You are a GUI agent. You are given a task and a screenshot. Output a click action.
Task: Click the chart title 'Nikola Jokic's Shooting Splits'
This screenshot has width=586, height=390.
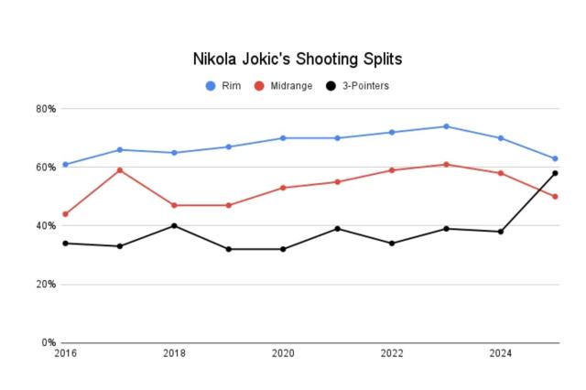click(x=297, y=59)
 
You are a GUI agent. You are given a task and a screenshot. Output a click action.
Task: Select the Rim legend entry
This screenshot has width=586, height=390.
click(x=223, y=86)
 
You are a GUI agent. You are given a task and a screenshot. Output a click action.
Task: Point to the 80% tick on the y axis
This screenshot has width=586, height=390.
click(x=46, y=109)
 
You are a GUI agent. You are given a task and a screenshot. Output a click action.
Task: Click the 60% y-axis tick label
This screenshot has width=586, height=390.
click(x=46, y=168)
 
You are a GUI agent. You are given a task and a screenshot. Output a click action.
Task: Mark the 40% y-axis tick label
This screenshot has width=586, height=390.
click(x=46, y=226)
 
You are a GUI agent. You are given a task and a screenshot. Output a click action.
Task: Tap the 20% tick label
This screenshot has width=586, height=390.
click(x=46, y=285)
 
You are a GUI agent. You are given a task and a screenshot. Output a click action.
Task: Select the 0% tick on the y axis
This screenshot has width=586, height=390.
click(x=49, y=343)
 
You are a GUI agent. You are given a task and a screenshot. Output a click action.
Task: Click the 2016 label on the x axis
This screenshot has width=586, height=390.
click(x=65, y=352)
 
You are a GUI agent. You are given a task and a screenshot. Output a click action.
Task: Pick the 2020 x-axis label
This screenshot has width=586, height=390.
click(x=283, y=352)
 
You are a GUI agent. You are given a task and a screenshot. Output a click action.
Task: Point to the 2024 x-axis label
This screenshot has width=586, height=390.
click(x=500, y=352)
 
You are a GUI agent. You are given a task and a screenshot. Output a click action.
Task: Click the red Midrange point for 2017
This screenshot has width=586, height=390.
click(x=120, y=170)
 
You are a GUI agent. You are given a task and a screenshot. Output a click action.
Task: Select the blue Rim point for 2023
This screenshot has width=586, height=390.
click(x=446, y=126)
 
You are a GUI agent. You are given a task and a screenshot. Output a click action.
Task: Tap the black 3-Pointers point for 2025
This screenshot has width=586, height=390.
click(x=555, y=173)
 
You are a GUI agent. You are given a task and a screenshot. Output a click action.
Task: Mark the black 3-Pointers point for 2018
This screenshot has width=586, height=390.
click(x=174, y=226)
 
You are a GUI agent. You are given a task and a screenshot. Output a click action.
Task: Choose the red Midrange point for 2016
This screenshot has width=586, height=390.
click(x=65, y=214)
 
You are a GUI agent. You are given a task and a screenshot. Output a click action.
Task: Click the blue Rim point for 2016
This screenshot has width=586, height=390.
click(x=65, y=165)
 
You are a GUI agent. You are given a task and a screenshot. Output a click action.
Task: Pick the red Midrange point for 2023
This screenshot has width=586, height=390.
click(x=446, y=165)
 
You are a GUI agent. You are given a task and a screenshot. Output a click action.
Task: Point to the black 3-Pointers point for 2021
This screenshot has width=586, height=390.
click(x=337, y=229)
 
